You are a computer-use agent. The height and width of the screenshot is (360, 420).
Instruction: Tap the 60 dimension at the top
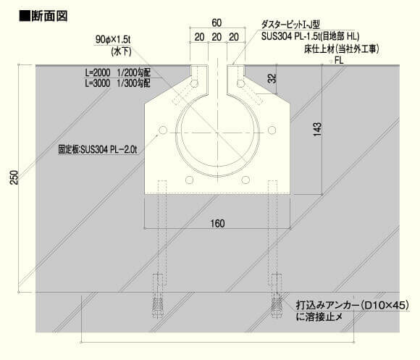point(217,22)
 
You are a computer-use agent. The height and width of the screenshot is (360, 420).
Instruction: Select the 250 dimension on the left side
point(14,177)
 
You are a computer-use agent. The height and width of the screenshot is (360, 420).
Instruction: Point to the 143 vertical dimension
point(317,129)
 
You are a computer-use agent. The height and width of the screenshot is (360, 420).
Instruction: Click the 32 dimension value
point(272,78)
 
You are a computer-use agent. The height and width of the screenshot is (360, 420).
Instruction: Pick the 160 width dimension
point(217,223)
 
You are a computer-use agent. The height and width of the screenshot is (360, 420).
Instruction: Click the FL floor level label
point(339,60)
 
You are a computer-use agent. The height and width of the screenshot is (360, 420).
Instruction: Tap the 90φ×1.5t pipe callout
point(113,40)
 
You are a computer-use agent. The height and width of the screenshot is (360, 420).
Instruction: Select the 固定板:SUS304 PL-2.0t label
point(98,149)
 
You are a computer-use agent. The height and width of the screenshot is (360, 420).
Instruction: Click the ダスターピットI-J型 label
point(290,25)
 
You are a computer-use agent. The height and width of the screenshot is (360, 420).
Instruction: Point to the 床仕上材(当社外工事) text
point(342,49)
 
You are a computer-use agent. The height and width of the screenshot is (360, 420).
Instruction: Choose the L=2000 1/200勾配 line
point(117,72)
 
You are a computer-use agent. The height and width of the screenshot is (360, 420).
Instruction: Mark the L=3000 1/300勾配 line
point(117,83)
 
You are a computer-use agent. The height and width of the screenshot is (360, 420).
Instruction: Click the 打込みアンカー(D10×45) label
point(353,305)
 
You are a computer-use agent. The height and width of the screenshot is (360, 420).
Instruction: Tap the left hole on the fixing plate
point(163,130)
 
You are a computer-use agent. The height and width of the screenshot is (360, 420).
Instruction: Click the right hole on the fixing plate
point(272,130)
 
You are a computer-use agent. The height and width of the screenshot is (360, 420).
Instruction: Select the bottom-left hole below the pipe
point(190,180)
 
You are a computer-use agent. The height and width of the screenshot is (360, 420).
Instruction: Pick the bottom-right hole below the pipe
point(245,180)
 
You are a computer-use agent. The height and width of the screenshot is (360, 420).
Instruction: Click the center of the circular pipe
point(217,133)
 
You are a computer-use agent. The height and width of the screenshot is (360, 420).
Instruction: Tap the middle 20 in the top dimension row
point(217,37)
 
